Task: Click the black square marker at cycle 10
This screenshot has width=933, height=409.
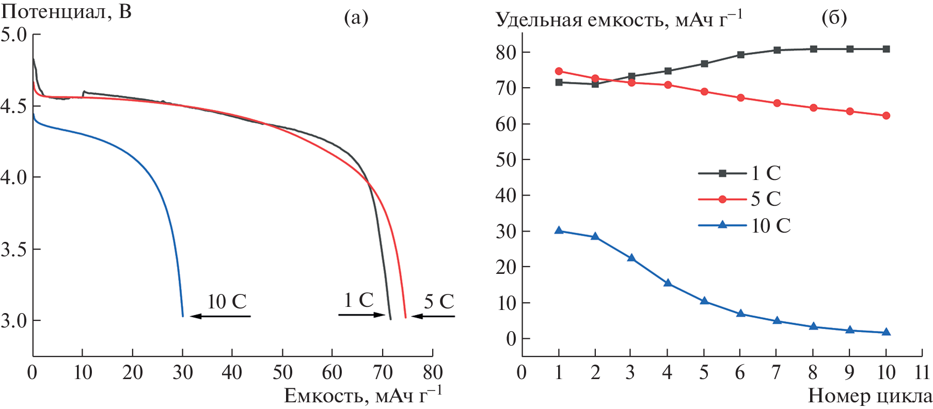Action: pos(886,49)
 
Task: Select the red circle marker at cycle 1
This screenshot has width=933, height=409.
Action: pos(559,71)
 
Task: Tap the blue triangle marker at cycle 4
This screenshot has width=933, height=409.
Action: pos(668,283)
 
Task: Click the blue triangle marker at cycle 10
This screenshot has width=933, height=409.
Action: pos(886,332)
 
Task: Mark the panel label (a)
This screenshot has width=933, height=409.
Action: pos(356,18)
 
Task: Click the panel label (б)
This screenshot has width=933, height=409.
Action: pos(834,18)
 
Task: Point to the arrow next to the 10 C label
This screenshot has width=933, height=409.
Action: pos(220,316)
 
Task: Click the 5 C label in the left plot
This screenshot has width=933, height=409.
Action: pos(439,302)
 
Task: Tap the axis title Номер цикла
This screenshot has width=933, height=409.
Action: pos(870,396)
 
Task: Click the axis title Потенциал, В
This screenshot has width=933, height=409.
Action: pos(66,11)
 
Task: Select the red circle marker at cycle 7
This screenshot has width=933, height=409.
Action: pos(777,103)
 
